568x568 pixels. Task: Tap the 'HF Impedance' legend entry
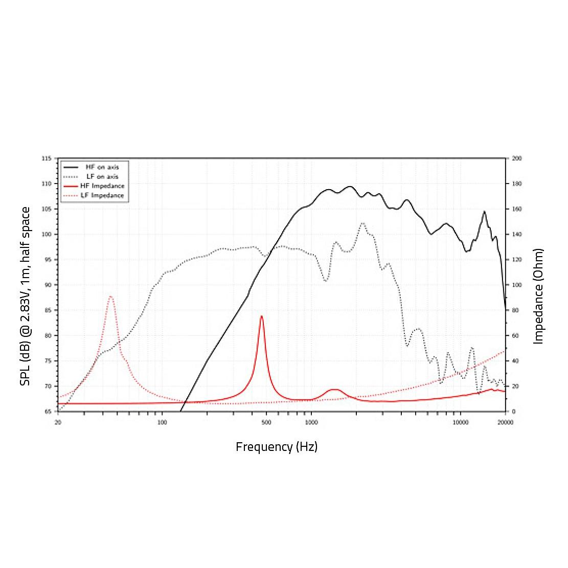point(102,186)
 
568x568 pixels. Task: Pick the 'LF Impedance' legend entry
point(102,195)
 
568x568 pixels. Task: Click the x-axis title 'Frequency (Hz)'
point(277,447)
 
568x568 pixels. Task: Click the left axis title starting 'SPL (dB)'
point(25,296)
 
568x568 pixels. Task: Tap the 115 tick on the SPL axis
point(47,158)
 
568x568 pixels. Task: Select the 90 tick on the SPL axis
point(48,285)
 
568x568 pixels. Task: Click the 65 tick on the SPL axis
point(48,411)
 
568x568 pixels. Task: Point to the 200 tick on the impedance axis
point(516,158)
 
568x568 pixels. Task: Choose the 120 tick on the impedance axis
point(516,260)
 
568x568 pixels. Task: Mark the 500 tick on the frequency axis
point(266,422)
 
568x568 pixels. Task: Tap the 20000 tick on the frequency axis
point(505,422)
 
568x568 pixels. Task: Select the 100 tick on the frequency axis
point(162,422)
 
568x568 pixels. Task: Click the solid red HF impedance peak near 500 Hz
point(261,316)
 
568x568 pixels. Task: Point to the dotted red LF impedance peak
point(110,297)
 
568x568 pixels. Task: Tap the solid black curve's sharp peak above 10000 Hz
point(484,211)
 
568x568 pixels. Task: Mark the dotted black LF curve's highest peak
point(362,223)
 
